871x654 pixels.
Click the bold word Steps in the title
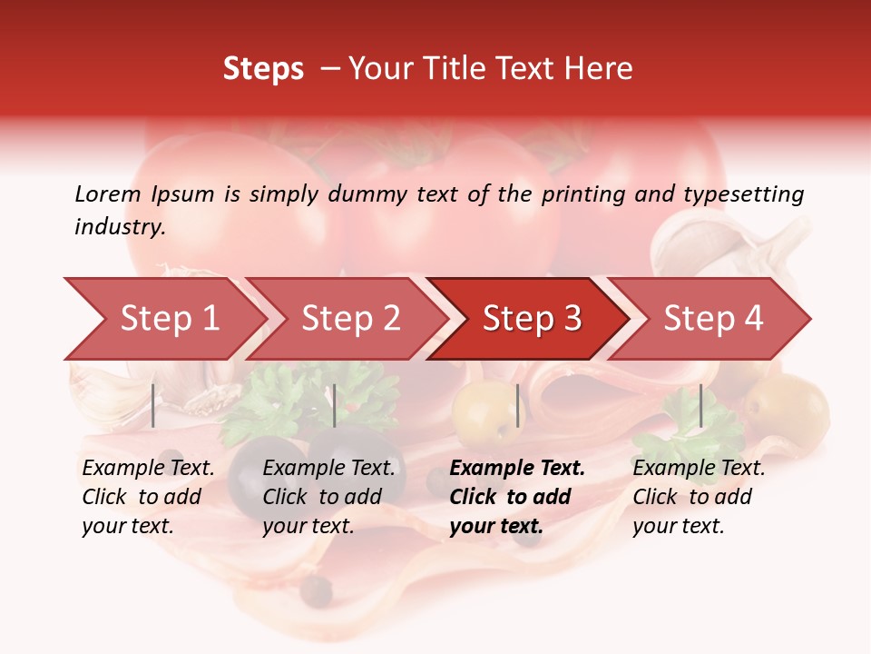[263, 69]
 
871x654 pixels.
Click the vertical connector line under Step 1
[153, 405]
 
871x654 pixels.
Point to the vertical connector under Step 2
[335, 405]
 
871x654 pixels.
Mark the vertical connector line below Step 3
[517, 405]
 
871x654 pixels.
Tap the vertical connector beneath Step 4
[700, 405]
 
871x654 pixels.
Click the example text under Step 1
[148, 497]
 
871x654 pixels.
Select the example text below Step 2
[328, 497]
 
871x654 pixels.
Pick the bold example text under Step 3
[517, 497]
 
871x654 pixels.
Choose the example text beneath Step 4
[699, 497]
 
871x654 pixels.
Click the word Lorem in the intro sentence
[108, 194]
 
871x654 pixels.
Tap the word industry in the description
[120, 227]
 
